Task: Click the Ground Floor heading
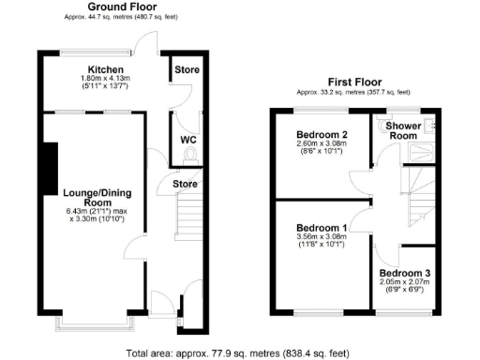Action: [x=123, y=7]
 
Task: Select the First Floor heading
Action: [x=352, y=82]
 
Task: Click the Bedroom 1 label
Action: [x=322, y=228]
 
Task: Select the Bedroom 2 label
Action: [x=322, y=135]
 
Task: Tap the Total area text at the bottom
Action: [x=239, y=352]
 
